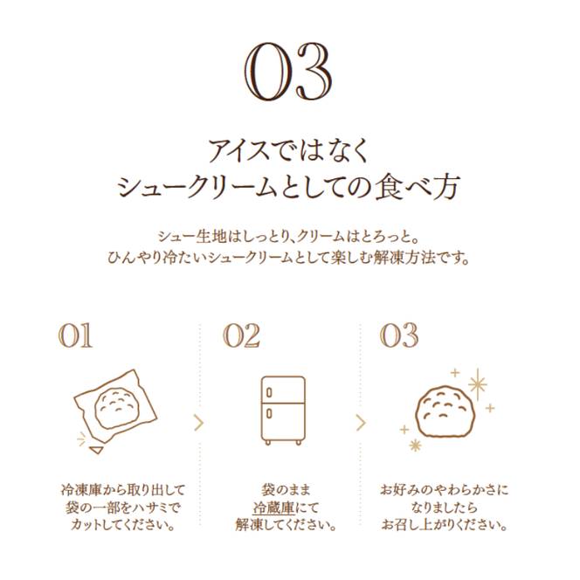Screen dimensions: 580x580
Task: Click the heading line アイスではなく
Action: click(x=289, y=149)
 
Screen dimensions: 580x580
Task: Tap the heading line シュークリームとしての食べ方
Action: click(x=289, y=187)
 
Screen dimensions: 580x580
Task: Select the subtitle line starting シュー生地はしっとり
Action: click(x=289, y=237)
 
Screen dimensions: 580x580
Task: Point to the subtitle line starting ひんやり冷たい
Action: click(x=289, y=259)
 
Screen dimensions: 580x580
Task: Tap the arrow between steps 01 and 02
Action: click(x=200, y=424)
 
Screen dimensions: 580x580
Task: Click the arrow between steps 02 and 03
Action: click(x=360, y=424)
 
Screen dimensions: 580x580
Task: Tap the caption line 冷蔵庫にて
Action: click(x=285, y=507)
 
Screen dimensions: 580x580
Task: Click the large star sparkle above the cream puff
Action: click(x=478, y=383)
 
